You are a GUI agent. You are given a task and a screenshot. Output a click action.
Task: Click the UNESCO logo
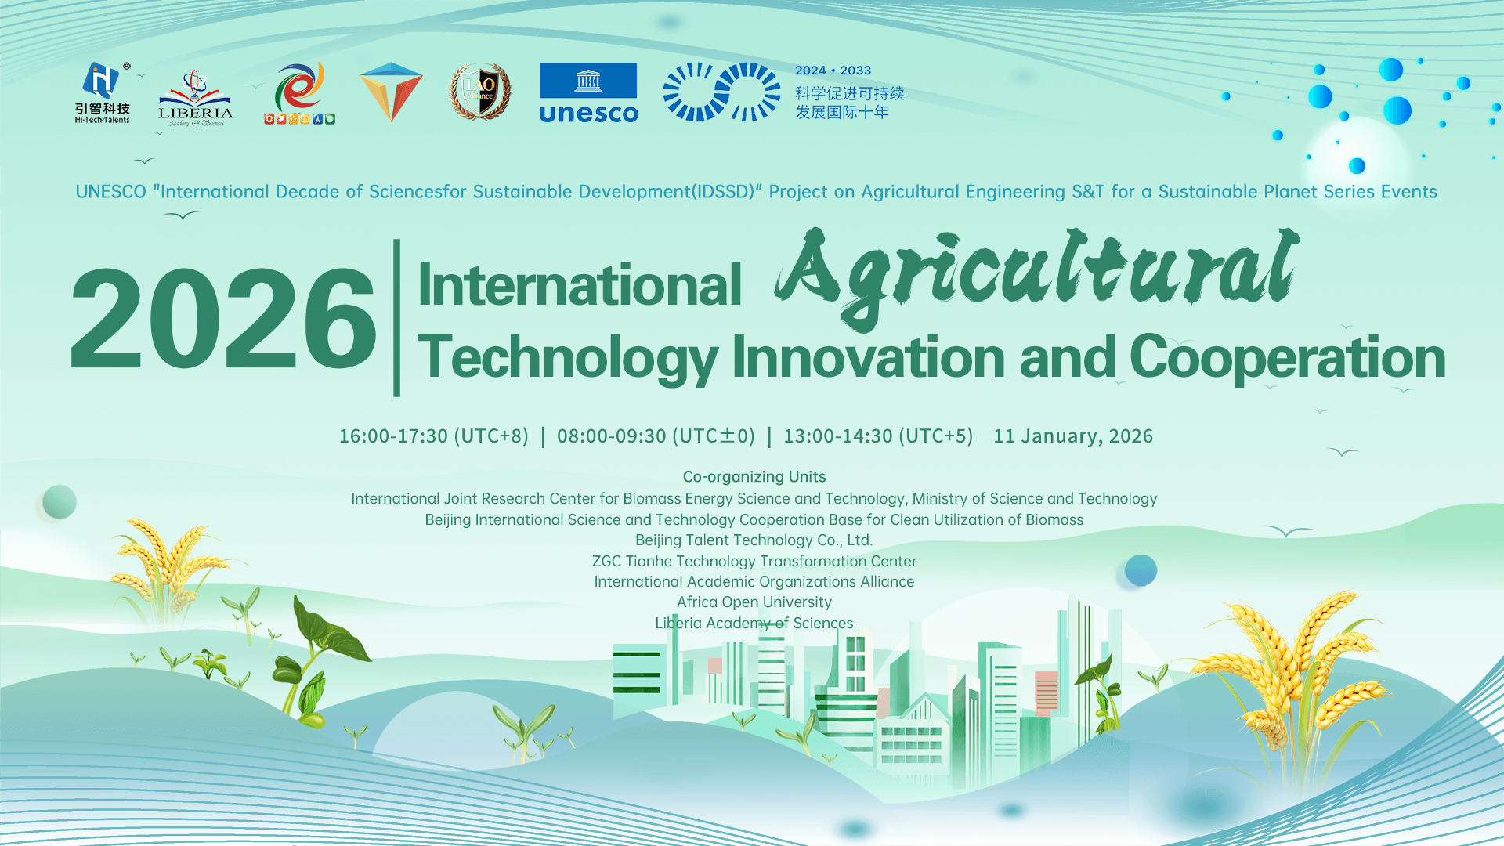tap(588, 92)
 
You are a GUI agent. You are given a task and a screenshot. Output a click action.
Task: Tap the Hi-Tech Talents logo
tap(103, 92)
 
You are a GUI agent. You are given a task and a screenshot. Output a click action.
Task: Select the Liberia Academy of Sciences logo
tap(195, 99)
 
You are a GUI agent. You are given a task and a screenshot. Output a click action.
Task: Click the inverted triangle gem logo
tap(391, 92)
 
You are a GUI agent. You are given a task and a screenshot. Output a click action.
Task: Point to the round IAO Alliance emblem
tap(480, 92)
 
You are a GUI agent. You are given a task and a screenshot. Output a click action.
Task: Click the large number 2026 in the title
tap(223, 319)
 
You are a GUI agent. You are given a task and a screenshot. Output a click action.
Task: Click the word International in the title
tap(579, 284)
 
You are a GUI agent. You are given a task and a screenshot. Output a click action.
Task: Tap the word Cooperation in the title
tap(1287, 357)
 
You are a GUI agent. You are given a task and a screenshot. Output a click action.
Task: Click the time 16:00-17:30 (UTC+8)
tap(433, 436)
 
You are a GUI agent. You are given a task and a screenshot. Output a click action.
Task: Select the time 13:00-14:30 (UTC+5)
tap(878, 436)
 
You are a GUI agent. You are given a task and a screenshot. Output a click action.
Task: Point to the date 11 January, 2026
tap(1073, 436)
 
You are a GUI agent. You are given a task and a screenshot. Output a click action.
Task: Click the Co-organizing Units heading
tap(754, 477)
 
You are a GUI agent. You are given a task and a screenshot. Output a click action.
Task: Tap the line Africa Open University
tap(754, 602)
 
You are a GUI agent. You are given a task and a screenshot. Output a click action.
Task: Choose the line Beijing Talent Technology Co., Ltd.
tap(754, 540)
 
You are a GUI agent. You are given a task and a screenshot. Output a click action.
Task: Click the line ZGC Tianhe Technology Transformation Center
tap(754, 562)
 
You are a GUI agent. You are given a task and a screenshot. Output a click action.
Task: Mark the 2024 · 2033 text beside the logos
tap(833, 70)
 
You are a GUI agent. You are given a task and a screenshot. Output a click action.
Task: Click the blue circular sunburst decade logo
tap(721, 92)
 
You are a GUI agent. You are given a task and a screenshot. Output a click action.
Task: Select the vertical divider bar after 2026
tap(396, 317)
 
